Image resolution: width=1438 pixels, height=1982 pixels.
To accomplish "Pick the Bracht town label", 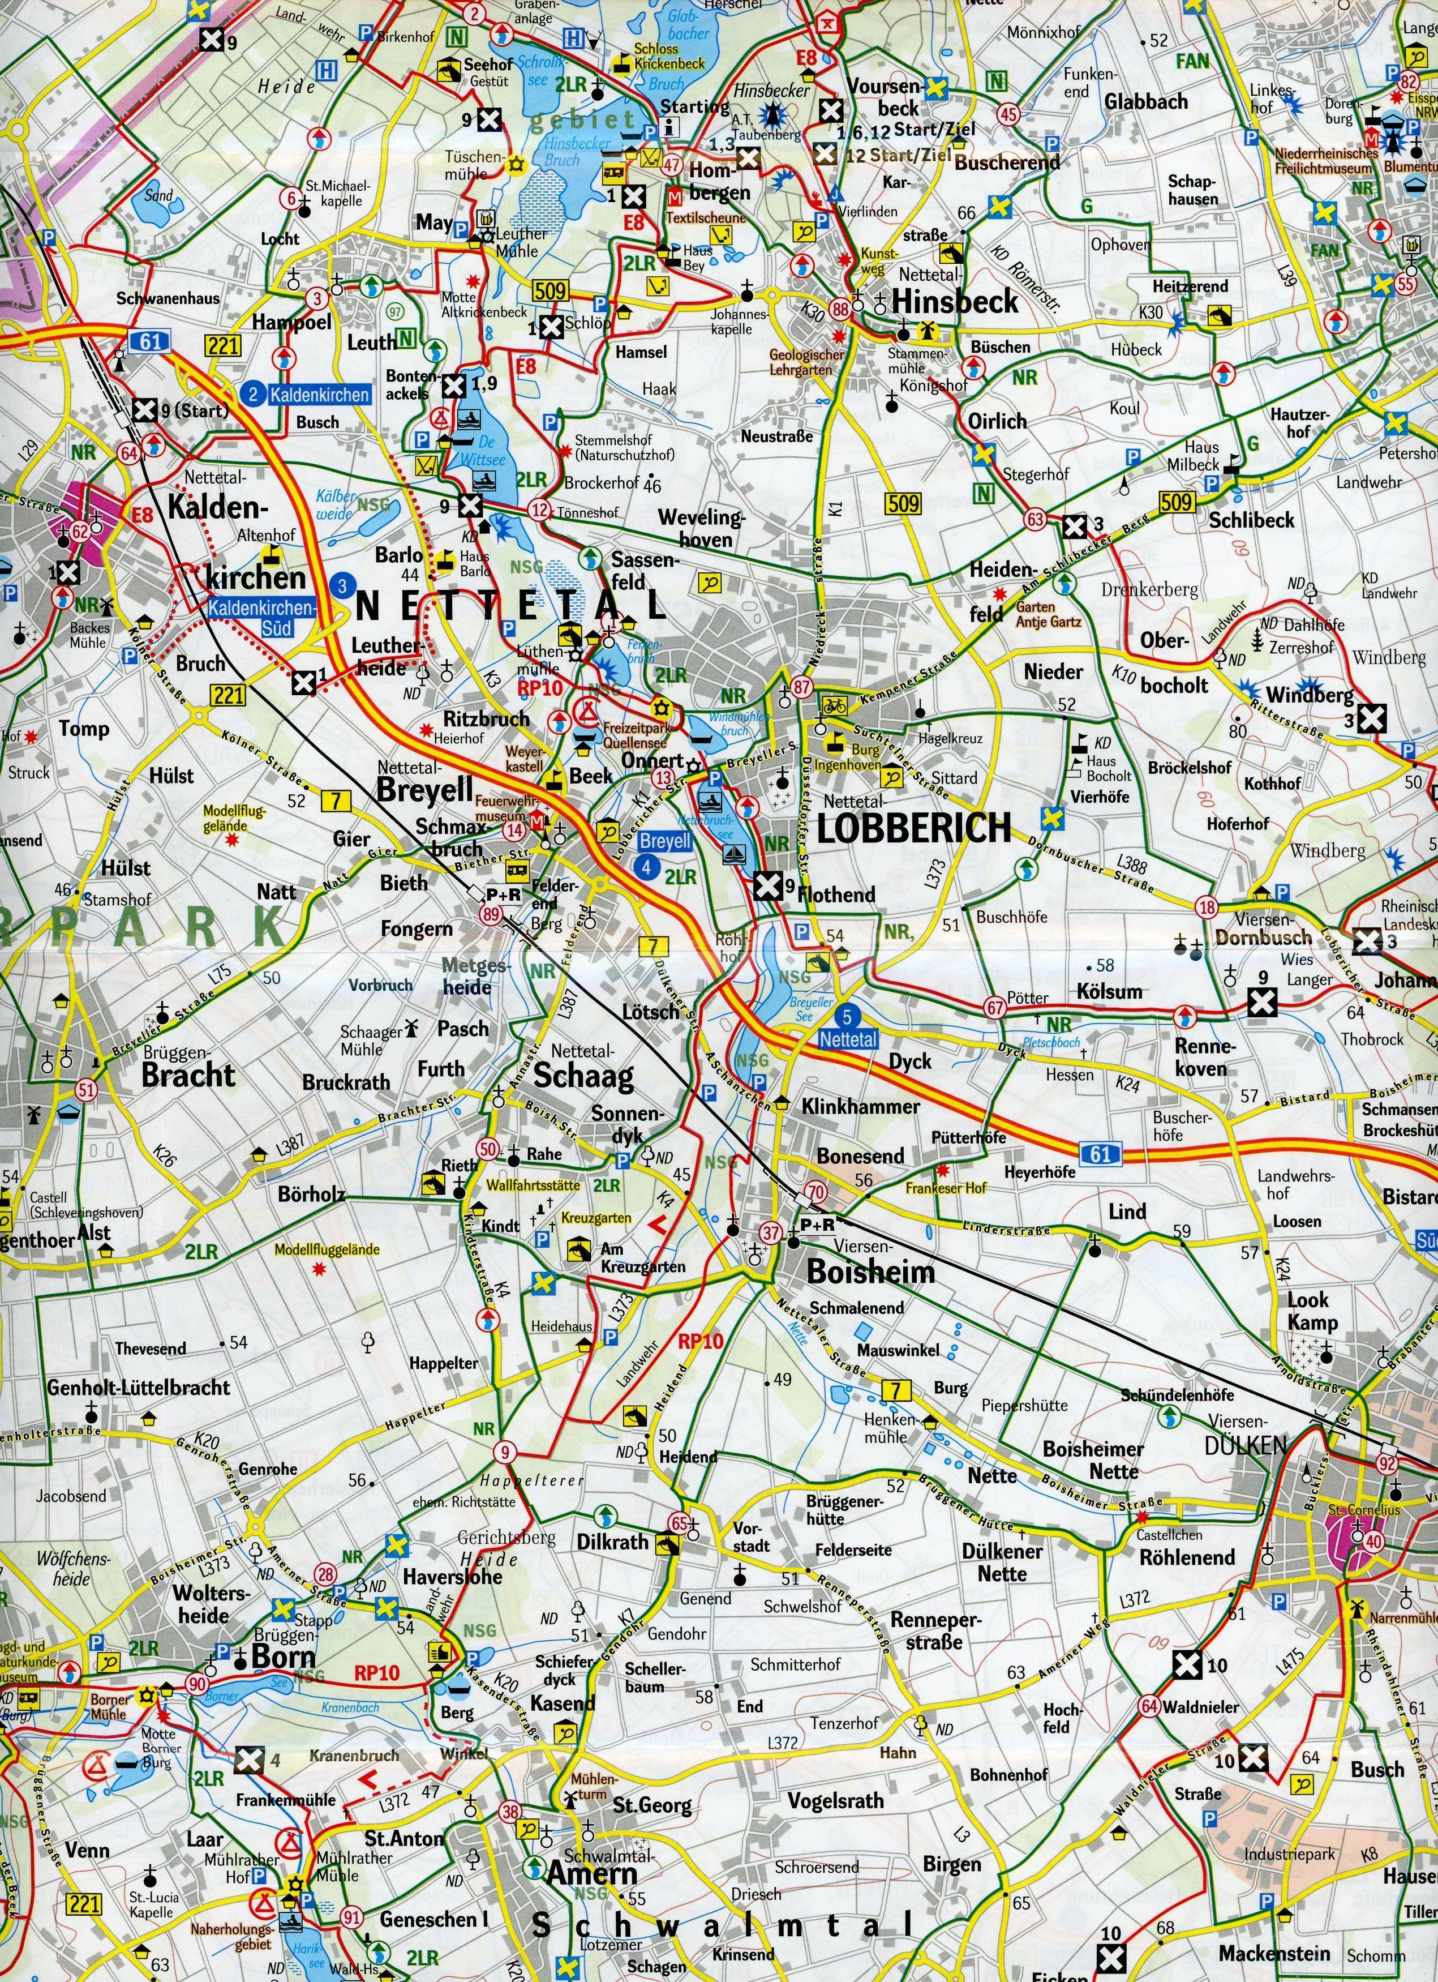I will [188, 1074].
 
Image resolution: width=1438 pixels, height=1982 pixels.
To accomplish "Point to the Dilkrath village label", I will [612, 1543].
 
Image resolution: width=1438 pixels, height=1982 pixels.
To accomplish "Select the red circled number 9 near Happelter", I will [504, 1453].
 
